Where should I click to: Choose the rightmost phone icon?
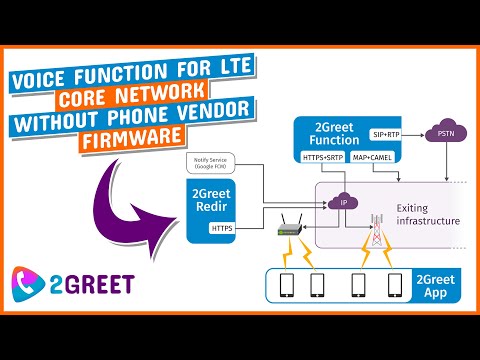pos(394,287)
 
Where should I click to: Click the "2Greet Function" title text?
pos(335,135)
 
